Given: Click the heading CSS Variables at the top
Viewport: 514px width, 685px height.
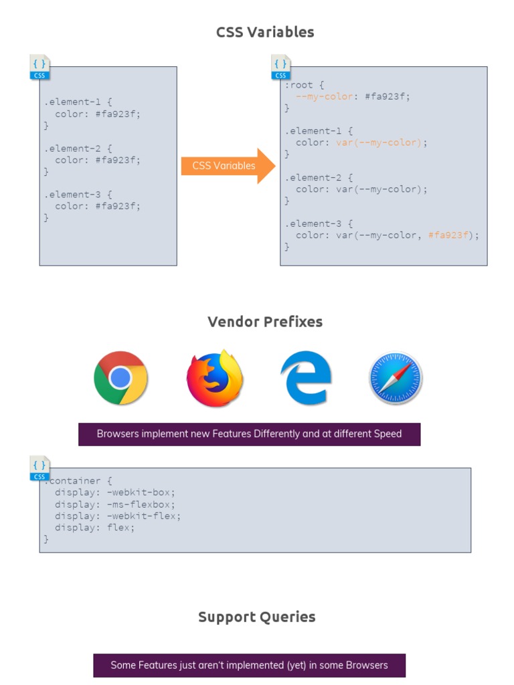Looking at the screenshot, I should click(x=265, y=32).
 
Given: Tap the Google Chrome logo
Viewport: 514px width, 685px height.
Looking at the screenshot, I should click(x=120, y=378).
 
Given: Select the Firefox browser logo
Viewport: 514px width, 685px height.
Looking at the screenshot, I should click(x=214, y=379).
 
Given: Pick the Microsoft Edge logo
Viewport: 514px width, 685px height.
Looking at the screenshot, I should click(x=306, y=379).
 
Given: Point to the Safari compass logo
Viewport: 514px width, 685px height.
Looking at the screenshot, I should click(x=396, y=379).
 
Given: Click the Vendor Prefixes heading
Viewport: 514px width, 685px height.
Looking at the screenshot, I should click(x=265, y=322).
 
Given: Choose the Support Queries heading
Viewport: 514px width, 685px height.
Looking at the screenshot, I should click(x=257, y=617).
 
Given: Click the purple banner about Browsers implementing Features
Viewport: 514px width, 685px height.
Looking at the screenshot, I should click(x=249, y=434).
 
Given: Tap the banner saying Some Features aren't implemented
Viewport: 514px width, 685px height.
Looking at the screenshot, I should click(x=249, y=666).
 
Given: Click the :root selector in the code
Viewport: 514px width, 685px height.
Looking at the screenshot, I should click(x=298, y=85).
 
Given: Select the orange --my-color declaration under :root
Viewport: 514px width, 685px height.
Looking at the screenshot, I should click(x=324, y=96).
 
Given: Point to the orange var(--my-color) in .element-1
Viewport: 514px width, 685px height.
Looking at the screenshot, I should click(x=379, y=142).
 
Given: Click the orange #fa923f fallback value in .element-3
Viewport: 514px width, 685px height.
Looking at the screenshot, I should click(x=449, y=235).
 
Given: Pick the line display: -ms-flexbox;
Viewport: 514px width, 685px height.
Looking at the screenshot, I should click(x=115, y=504).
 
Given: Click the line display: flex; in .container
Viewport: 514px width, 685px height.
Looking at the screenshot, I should click(x=94, y=528).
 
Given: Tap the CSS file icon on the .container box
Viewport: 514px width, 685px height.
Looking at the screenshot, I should click(x=40, y=468).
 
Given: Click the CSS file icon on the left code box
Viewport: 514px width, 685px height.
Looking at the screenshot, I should click(x=40, y=67).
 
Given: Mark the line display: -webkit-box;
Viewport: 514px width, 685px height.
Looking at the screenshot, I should click(x=115, y=493).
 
